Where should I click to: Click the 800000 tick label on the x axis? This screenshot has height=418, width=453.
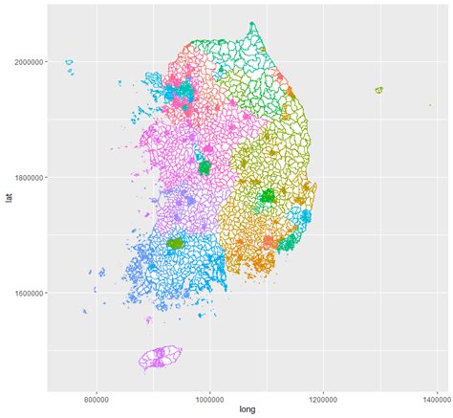point(96,398)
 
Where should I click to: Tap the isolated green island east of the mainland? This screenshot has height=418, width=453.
point(378,90)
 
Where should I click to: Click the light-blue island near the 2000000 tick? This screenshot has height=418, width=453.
point(69,63)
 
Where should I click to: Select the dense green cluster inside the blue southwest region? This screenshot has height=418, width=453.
point(176,244)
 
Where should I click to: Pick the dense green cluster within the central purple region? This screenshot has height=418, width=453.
point(204,167)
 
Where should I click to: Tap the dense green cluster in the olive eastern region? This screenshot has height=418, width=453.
point(269,196)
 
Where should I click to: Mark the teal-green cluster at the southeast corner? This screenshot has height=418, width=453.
point(286,243)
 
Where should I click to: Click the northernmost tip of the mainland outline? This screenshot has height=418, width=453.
point(252,23)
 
